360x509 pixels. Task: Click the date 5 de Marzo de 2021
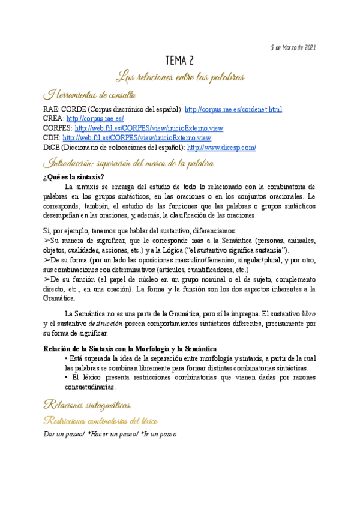tap(293, 47)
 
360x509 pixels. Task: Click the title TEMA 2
tap(179, 61)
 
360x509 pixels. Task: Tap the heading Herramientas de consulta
tap(91, 94)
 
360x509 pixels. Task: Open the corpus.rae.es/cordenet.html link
tap(233, 109)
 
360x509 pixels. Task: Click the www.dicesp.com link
tap(221, 148)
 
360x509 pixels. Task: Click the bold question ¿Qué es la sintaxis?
tap(74, 176)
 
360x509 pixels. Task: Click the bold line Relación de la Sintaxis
tap(131, 349)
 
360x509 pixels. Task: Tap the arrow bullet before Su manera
tap(47, 241)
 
